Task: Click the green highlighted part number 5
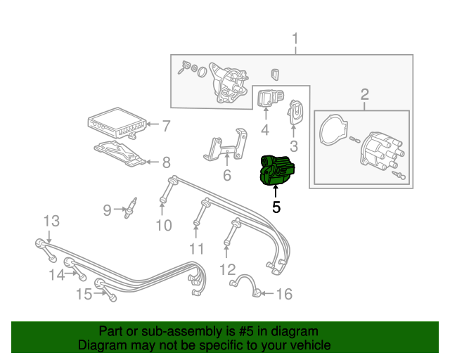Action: (x=277, y=170)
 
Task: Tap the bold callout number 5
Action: (x=276, y=207)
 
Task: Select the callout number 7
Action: (x=167, y=126)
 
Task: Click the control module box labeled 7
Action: (x=116, y=123)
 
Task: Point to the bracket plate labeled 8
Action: (x=120, y=154)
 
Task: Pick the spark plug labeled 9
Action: (x=131, y=208)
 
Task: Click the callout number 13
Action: (x=51, y=221)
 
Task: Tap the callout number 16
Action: (x=284, y=294)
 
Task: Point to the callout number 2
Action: (x=364, y=94)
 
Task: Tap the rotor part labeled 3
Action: (x=294, y=112)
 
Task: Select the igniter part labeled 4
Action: (x=269, y=98)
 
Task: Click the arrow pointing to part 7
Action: (x=153, y=124)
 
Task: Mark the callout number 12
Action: (x=228, y=269)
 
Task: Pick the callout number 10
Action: (x=164, y=226)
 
